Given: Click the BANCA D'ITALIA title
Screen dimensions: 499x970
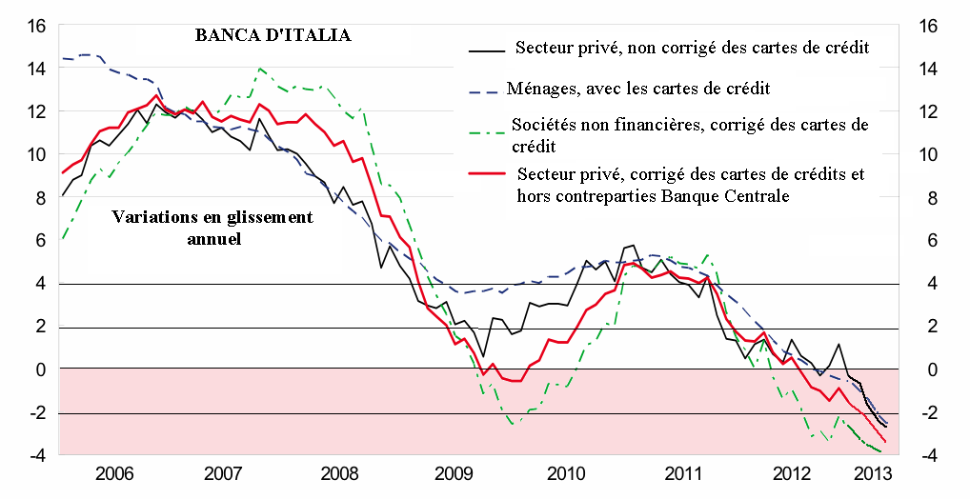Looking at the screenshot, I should click(x=273, y=36).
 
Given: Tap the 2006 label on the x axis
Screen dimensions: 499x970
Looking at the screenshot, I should click(x=114, y=474).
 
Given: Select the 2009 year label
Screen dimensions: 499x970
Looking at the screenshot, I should click(x=453, y=474).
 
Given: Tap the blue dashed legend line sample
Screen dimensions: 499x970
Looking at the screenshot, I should click(x=484, y=89).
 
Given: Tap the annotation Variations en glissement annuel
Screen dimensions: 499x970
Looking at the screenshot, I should click(x=212, y=229).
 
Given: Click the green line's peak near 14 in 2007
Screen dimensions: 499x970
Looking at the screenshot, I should click(x=260, y=69).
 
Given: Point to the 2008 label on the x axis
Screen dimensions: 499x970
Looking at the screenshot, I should click(x=340, y=474).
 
